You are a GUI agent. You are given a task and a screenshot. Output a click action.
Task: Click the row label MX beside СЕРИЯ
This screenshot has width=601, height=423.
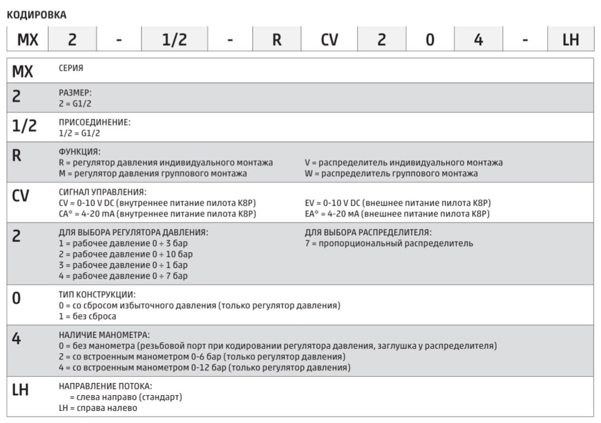coord(23,72)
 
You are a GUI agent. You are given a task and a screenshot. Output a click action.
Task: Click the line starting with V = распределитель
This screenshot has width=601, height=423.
coord(403,163)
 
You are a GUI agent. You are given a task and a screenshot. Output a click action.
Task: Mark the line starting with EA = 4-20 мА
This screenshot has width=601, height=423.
coord(397,214)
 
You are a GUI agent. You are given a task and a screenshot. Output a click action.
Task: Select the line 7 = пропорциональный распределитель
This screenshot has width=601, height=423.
coord(388,243)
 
